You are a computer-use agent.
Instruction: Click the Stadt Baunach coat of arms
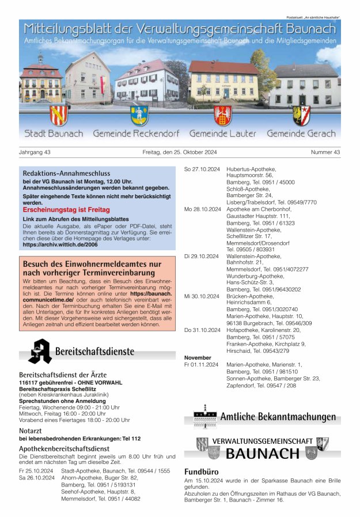point(59,115)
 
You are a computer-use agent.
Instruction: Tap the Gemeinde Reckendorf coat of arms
point(139,115)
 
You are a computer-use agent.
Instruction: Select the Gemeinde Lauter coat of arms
point(222,115)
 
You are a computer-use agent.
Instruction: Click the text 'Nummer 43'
point(325,152)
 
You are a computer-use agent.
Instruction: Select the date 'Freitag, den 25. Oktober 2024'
point(179,152)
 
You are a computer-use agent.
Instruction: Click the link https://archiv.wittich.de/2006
point(60,244)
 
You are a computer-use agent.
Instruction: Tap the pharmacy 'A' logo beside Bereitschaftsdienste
point(39,351)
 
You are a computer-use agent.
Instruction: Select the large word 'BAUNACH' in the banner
point(263,453)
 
